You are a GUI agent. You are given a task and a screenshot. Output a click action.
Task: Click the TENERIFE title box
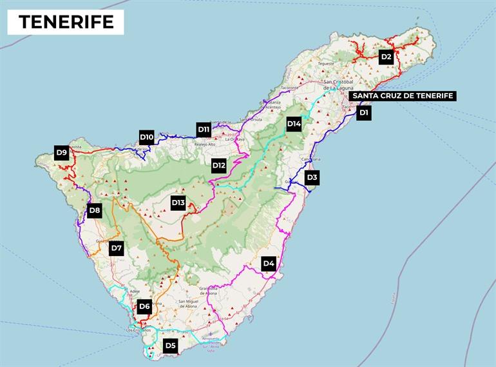pyautogui.click(x=66, y=22)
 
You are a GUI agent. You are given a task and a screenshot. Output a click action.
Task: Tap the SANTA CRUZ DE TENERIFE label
pyautogui.click(x=403, y=96)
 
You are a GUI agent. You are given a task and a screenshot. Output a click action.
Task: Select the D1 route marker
pyautogui.click(x=364, y=113)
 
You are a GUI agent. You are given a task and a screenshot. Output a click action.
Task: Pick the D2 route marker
pyautogui.click(x=386, y=57)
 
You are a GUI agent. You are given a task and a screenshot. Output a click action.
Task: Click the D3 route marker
pyautogui.click(x=312, y=177)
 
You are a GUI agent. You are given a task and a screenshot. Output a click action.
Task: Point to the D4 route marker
pyautogui.click(x=269, y=263)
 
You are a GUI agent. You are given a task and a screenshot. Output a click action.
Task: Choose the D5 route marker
pyautogui.click(x=170, y=346)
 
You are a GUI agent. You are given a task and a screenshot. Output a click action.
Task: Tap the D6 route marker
pyautogui.click(x=144, y=307)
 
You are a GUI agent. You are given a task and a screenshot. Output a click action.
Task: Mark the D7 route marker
pyautogui.click(x=117, y=248)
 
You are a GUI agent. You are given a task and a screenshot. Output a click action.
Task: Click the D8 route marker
pyautogui.click(x=95, y=210)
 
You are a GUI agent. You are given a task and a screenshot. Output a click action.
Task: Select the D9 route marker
pyautogui.click(x=61, y=153)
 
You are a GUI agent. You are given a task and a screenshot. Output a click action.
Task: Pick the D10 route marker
pyautogui.click(x=147, y=137)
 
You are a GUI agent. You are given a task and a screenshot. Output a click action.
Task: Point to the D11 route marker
pyautogui.click(x=204, y=129)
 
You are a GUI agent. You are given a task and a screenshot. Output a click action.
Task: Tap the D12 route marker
pyautogui.click(x=219, y=165)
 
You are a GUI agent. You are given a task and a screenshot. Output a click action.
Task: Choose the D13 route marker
pyautogui.click(x=178, y=203)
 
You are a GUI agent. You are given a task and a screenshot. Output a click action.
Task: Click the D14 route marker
pyautogui.click(x=294, y=124)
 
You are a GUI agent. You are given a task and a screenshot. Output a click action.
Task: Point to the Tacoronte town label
pyautogui.click(x=291, y=88)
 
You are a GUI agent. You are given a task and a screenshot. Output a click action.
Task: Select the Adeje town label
pyautogui.click(x=135, y=291)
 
